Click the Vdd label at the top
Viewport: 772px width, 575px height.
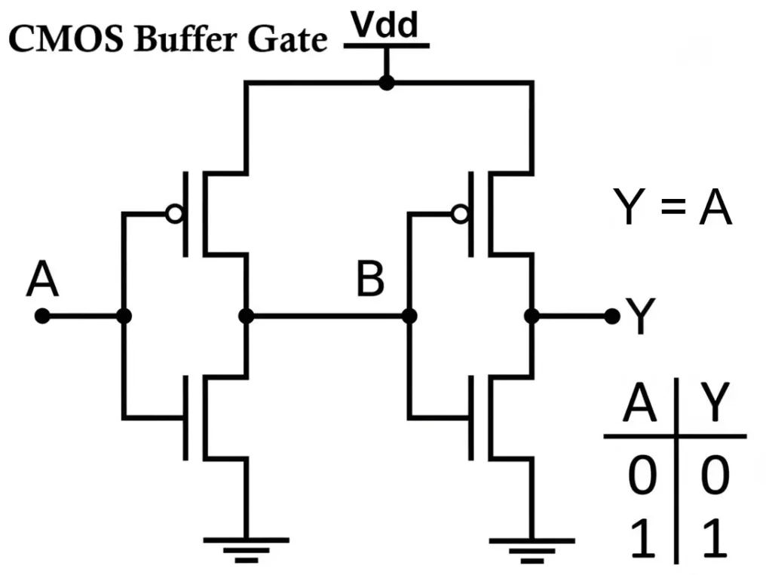pyautogui.click(x=386, y=26)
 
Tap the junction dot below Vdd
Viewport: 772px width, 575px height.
pyautogui.click(x=386, y=82)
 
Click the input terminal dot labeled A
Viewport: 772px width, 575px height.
pyautogui.click(x=42, y=317)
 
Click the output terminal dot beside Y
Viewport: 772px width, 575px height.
pyautogui.click(x=611, y=317)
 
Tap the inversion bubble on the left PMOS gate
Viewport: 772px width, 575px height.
pyautogui.click(x=174, y=215)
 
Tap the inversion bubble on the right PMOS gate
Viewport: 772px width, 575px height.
pyautogui.click(x=459, y=215)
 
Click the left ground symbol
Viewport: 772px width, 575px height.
pyautogui.click(x=246, y=549)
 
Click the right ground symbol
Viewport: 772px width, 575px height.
pyautogui.click(x=531, y=549)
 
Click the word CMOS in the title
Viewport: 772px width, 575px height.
pyautogui.click(x=66, y=39)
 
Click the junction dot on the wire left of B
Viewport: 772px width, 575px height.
pyautogui.click(x=246, y=317)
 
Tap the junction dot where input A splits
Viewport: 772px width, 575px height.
pyautogui.click(x=124, y=317)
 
